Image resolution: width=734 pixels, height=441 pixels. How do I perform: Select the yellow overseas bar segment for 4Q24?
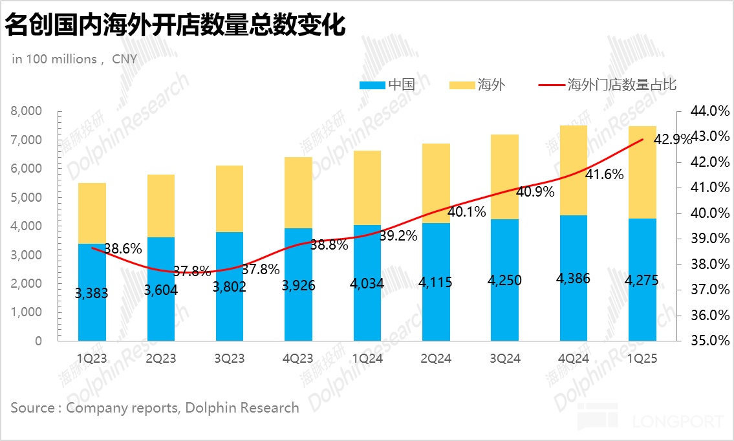pos(574,170)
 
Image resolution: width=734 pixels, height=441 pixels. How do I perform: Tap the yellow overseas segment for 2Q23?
pos(161,206)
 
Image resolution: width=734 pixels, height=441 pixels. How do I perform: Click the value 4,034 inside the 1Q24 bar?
pos(367,283)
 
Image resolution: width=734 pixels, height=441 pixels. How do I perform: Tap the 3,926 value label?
pos(298,285)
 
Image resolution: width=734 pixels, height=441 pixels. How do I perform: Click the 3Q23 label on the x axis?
pos(230,358)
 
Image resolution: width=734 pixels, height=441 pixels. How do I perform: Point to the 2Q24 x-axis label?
pos(436,358)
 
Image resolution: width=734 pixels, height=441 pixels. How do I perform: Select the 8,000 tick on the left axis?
pos(27,111)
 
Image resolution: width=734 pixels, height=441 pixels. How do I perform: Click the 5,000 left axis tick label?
pos(27,197)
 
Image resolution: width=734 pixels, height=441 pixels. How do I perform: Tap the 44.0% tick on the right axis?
pos(709,111)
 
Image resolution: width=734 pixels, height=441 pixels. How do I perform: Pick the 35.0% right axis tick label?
pos(709,341)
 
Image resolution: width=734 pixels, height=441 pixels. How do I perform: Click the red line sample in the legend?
pos(552,85)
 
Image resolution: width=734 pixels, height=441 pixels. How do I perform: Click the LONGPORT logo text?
pos(677,422)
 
